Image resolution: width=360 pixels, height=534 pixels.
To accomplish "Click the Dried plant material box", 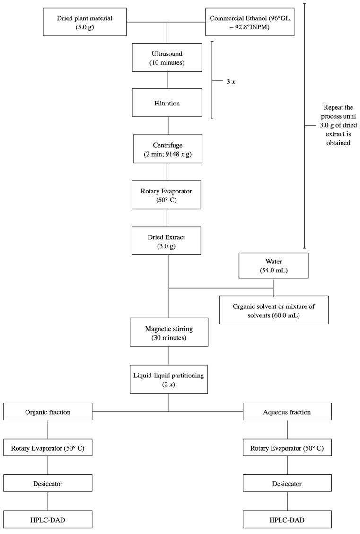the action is (x=85, y=23).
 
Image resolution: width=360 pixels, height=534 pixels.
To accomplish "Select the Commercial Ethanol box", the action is (x=250, y=23).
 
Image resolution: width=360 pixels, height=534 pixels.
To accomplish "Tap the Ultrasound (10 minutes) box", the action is (x=167, y=58).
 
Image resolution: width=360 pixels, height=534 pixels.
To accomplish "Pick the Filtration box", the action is (x=167, y=103).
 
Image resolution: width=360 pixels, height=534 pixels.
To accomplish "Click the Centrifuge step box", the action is (x=167, y=149).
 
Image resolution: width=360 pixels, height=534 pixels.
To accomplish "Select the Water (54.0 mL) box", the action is (x=274, y=266).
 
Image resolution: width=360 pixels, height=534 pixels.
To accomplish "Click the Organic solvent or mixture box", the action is (x=274, y=310).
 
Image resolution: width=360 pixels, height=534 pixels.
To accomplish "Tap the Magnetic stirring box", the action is (x=169, y=333).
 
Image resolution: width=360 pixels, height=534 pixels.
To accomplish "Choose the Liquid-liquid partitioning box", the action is (x=168, y=379).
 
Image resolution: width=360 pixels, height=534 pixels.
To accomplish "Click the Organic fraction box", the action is (x=48, y=412).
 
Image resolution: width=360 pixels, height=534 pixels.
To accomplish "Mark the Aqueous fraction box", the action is (x=287, y=412).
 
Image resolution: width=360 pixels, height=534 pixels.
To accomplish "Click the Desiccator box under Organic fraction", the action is (x=48, y=483).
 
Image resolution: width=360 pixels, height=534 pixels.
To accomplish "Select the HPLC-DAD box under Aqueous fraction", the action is (x=287, y=520).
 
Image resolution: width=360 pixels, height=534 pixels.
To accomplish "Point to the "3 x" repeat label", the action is (x=231, y=82).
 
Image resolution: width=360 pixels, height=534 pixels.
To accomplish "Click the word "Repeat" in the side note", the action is (x=334, y=108).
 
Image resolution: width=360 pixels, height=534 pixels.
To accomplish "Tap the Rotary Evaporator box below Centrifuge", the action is (x=166, y=195).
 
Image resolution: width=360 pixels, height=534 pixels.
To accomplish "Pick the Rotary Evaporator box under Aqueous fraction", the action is (x=287, y=448).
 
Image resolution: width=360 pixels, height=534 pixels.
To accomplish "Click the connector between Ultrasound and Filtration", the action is (x=167, y=80).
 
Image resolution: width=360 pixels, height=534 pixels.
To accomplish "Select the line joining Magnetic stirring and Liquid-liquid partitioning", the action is (x=168, y=356).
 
